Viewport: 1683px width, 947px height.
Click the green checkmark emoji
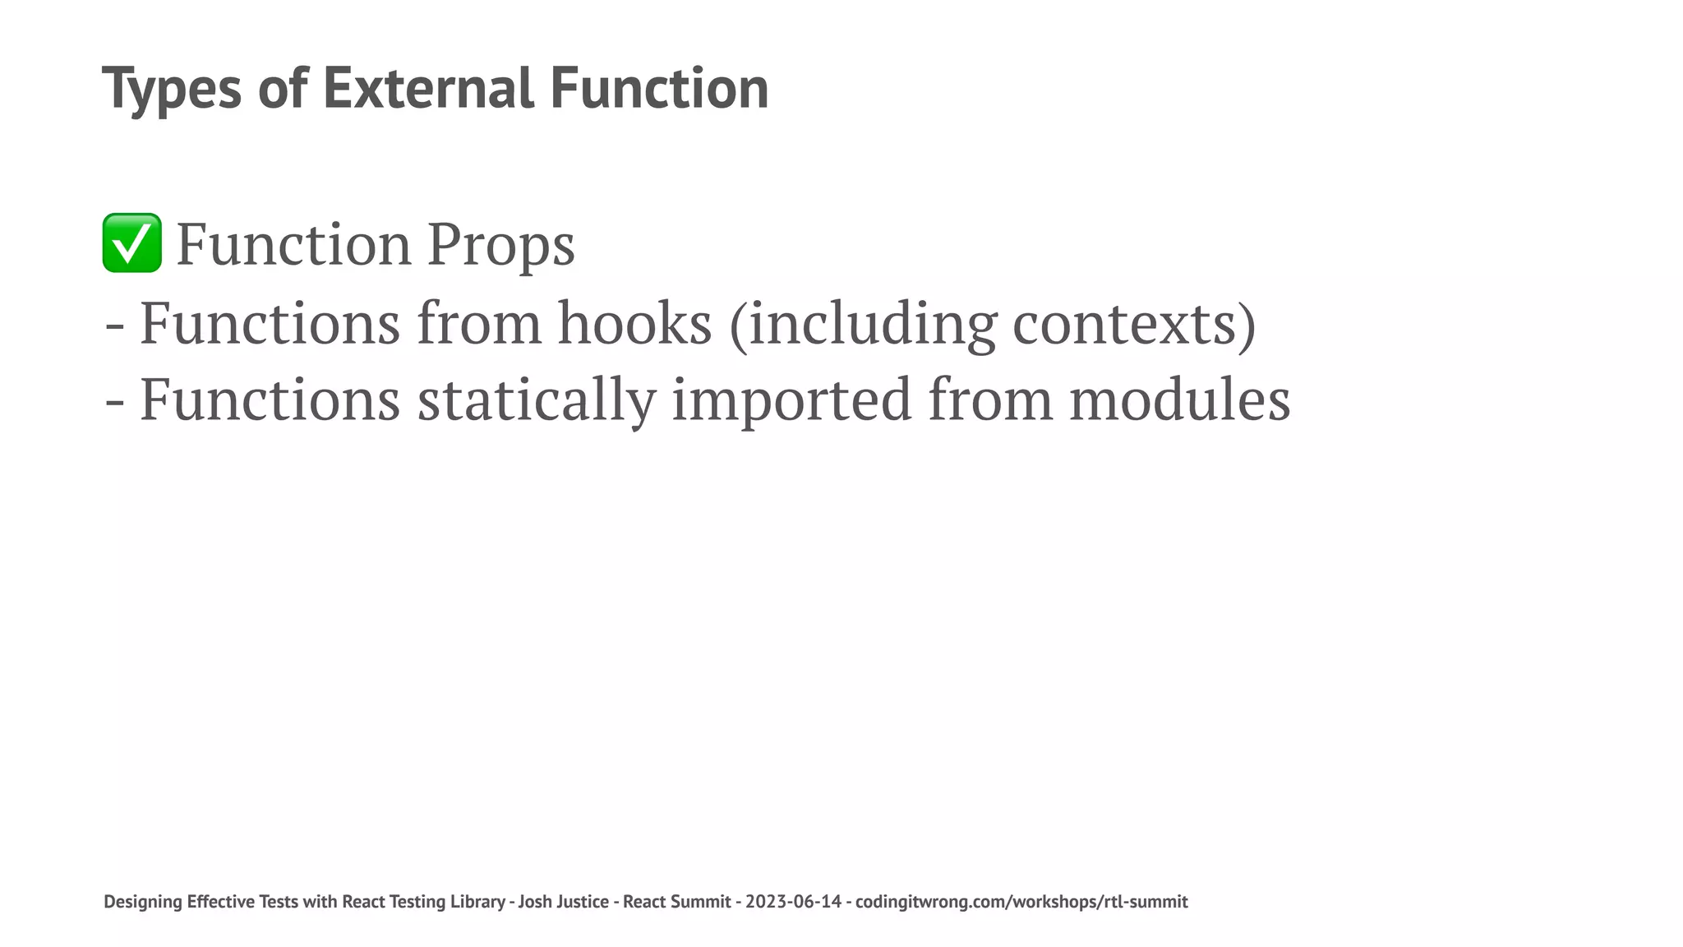click(131, 243)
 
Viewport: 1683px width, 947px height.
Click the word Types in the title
click(172, 89)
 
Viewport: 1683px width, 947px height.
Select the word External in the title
click(427, 89)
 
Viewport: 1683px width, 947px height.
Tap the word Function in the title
click(659, 89)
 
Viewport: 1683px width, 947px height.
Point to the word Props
click(500, 245)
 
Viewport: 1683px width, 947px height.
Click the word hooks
click(634, 324)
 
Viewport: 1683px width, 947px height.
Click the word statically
click(536, 400)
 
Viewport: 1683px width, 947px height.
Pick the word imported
click(791, 400)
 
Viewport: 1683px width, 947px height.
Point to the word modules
click(1179, 400)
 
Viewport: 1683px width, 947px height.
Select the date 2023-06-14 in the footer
click(793, 902)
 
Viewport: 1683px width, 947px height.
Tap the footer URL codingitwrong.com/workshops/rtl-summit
click(1021, 902)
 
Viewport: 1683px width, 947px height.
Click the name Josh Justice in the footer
click(563, 902)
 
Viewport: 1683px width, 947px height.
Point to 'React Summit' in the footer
click(676, 902)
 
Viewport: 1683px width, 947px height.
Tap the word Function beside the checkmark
click(293, 245)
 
